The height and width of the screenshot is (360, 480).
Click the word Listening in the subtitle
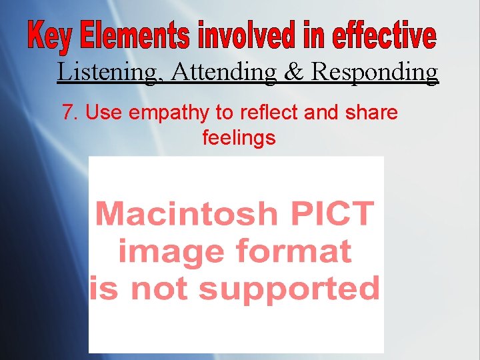click(109, 71)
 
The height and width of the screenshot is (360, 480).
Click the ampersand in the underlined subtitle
click(294, 71)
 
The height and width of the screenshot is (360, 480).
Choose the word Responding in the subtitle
click(375, 71)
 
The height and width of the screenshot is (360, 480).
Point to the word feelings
click(239, 139)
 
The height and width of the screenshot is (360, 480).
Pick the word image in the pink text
click(162, 253)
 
